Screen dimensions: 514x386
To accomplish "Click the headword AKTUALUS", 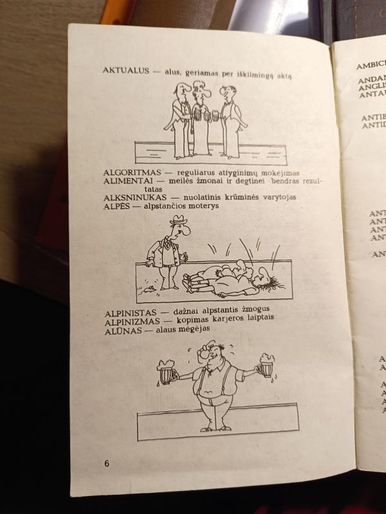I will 125,71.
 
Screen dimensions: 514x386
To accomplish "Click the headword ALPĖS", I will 116,206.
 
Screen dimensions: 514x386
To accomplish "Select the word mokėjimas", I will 278,173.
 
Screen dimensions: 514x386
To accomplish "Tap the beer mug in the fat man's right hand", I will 167,373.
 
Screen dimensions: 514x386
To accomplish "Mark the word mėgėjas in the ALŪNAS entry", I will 193,329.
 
